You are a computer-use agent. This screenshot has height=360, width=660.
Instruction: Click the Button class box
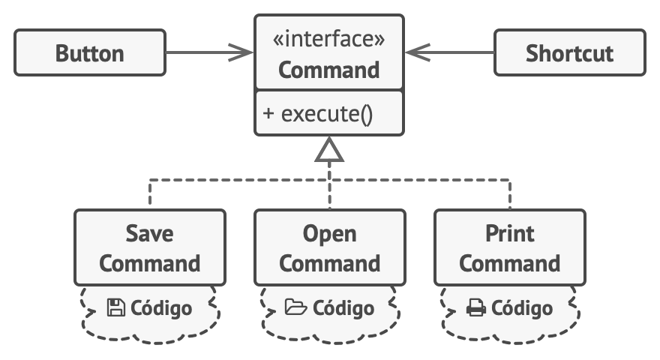[90, 52]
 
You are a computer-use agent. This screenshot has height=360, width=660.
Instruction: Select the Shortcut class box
[569, 52]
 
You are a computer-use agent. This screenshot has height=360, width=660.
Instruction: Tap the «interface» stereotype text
[328, 39]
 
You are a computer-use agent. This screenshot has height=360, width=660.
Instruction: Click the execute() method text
[327, 114]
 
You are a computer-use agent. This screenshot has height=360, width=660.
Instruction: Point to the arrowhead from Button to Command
[241, 52]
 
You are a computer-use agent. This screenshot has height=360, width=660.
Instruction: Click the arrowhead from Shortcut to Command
[418, 52]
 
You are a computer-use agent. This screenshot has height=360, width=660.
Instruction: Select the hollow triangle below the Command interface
[329, 149]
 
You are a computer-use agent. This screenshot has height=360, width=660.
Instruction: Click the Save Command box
[150, 247]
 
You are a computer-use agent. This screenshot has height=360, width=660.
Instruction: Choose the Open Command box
[330, 247]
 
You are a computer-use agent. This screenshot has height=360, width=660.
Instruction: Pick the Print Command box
[510, 247]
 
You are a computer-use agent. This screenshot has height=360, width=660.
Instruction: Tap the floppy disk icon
[115, 307]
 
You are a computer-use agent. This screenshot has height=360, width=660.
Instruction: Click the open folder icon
[296, 307]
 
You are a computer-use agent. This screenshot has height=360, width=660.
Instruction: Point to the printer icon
[476, 307]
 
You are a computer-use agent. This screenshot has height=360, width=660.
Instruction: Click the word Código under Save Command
[161, 308]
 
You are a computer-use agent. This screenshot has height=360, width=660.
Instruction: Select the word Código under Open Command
[343, 308]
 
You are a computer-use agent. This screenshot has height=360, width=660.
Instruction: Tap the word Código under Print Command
[522, 308]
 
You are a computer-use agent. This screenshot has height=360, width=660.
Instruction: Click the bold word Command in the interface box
[328, 70]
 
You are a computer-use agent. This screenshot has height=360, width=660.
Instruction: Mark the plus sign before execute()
[268, 114]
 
